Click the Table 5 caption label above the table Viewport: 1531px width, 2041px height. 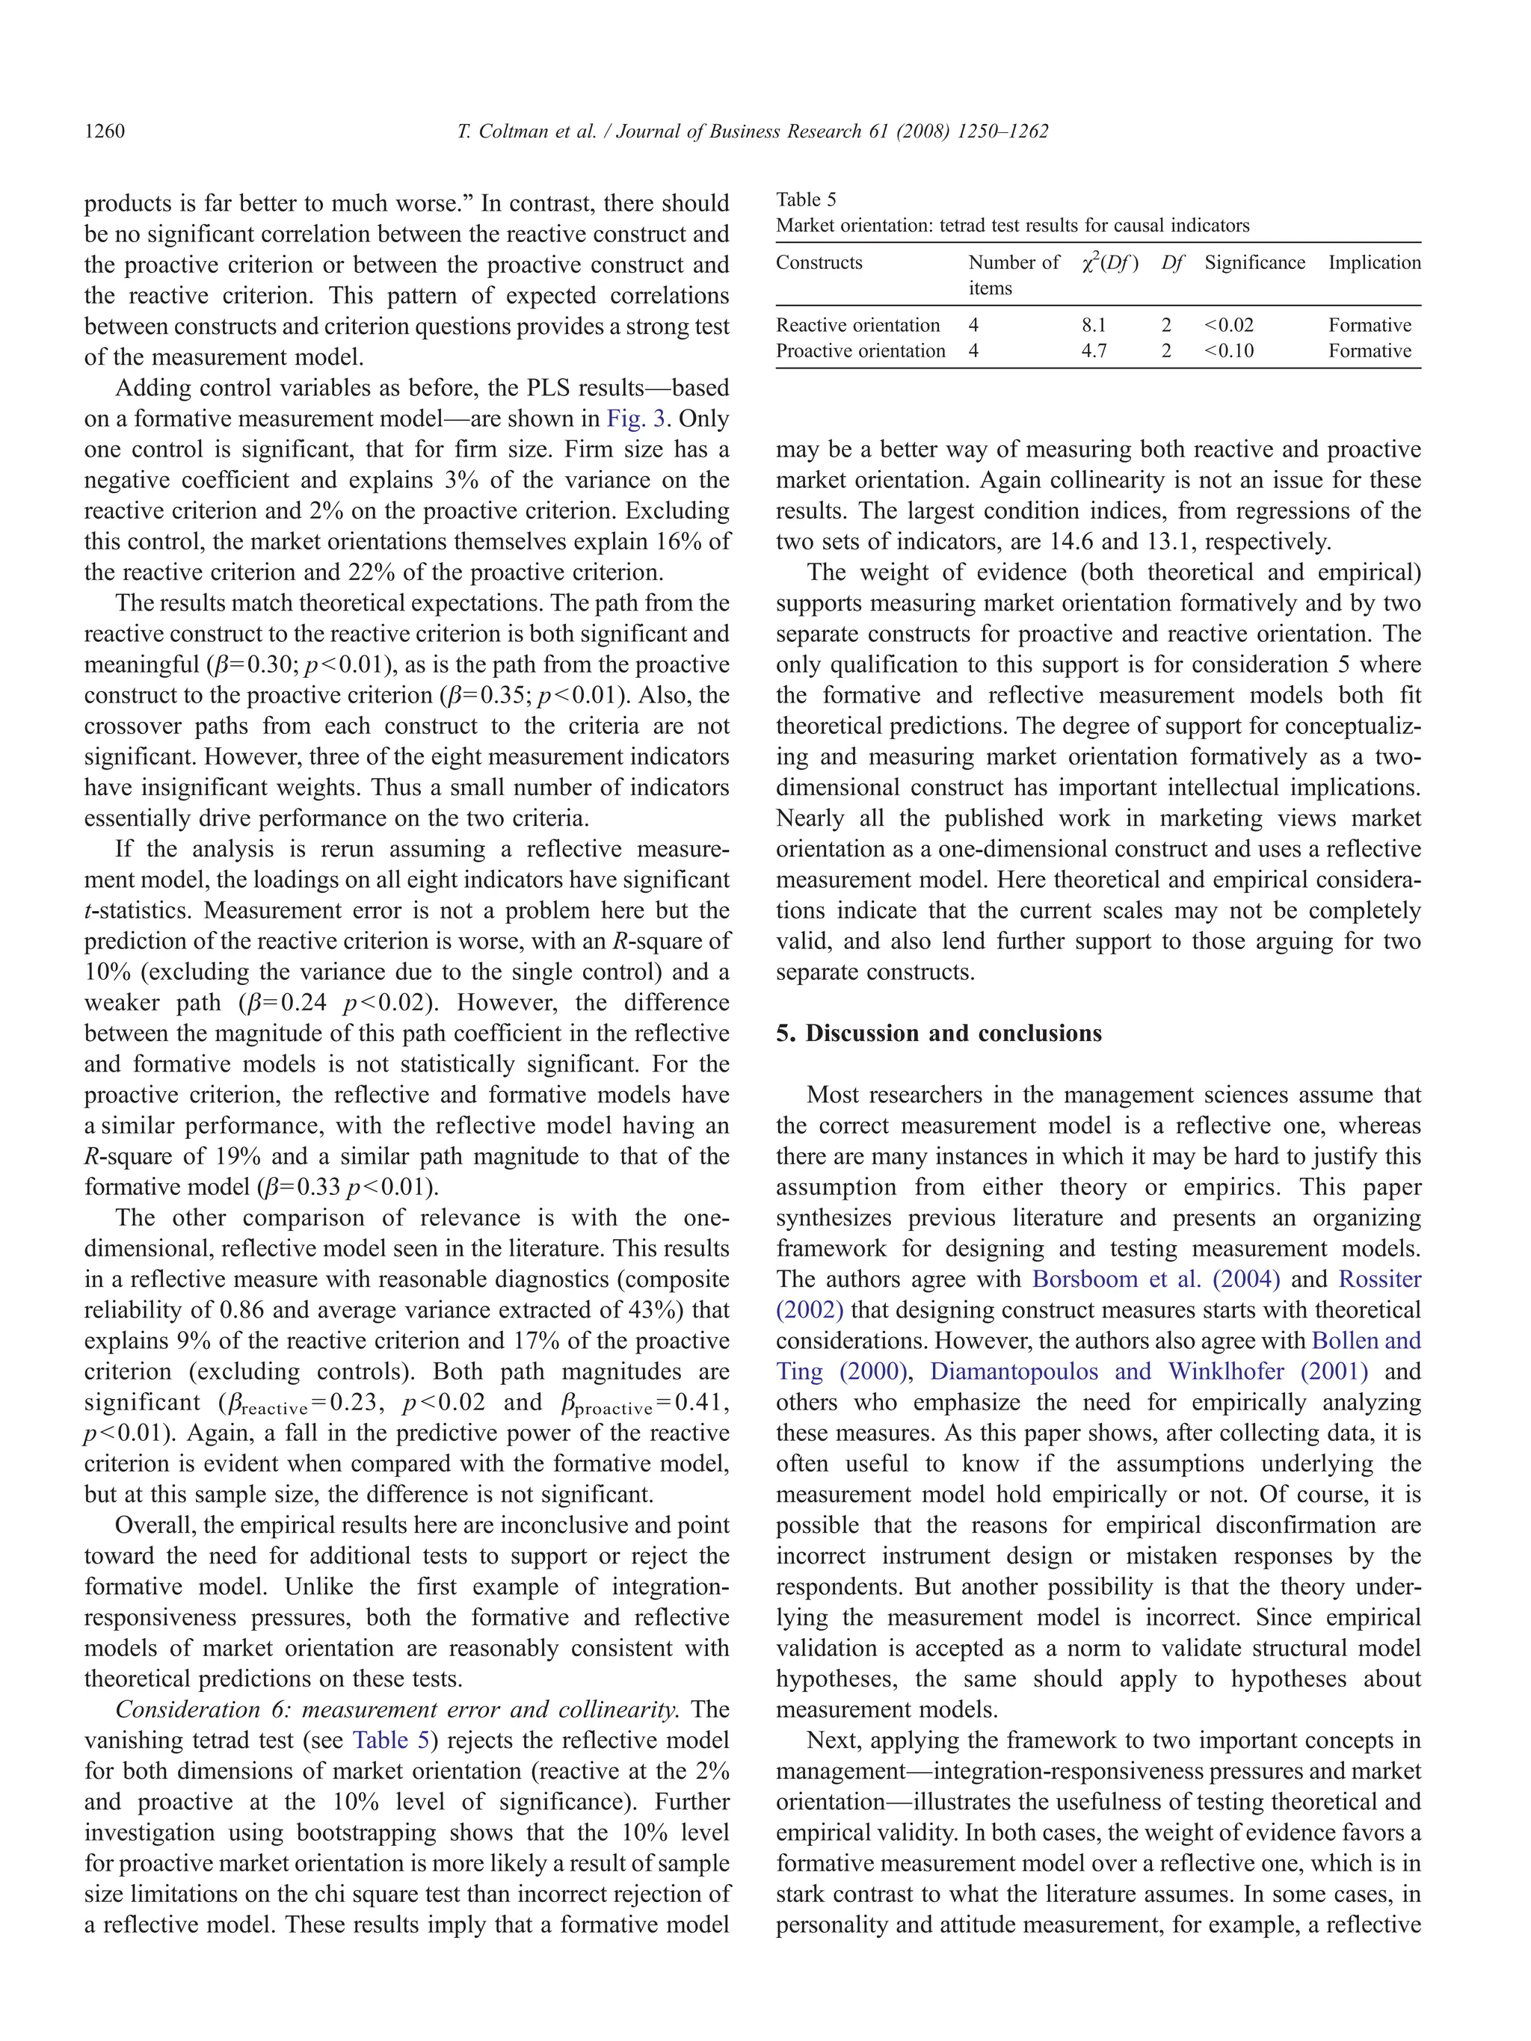[x=806, y=200]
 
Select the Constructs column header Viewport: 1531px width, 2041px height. [x=819, y=262]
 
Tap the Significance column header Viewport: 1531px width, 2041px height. [x=1254, y=262]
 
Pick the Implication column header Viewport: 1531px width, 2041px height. [x=1374, y=262]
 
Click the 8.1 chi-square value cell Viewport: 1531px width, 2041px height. [x=1094, y=325]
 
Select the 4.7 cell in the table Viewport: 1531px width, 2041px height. [x=1094, y=351]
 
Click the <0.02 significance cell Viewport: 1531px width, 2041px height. [x=1228, y=325]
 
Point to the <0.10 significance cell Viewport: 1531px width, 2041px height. [x=1228, y=351]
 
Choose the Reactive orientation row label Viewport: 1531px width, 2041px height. [x=857, y=325]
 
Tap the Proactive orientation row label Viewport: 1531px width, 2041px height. [x=860, y=351]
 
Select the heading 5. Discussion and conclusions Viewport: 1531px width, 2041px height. [x=938, y=1033]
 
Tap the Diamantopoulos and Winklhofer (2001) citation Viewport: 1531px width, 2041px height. [x=1148, y=1371]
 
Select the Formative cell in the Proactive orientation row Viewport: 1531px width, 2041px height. [x=1370, y=351]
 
